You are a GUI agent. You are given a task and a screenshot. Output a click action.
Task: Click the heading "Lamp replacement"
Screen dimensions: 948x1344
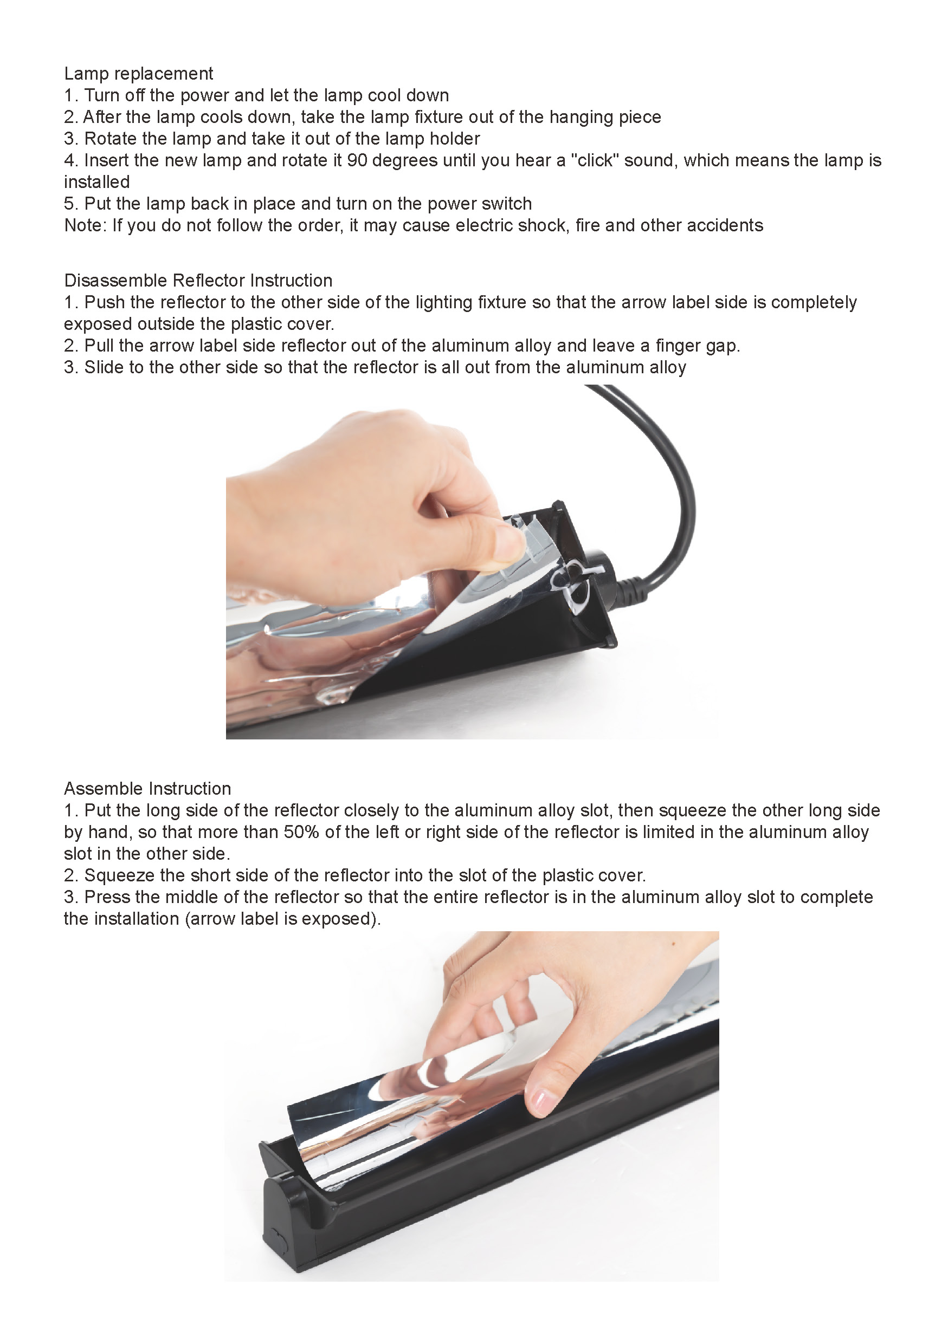138,74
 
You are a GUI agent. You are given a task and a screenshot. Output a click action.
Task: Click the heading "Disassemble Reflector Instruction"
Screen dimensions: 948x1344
198,281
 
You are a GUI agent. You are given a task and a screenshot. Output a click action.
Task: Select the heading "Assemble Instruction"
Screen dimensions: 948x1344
147,789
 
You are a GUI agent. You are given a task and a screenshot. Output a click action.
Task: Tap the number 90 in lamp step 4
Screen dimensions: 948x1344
357,160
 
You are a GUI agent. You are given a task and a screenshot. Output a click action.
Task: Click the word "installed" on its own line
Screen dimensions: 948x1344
96,182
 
